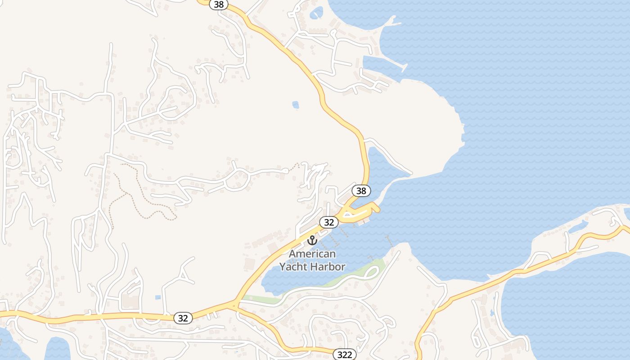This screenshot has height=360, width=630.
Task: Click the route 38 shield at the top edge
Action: click(x=219, y=4)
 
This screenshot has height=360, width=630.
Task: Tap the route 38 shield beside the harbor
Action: click(x=361, y=191)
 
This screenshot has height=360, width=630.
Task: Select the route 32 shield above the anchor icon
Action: click(x=329, y=222)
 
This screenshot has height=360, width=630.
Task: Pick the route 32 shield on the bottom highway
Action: click(x=183, y=318)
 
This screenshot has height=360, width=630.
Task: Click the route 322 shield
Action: click(x=345, y=355)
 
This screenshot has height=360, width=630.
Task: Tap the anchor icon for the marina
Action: click(x=312, y=240)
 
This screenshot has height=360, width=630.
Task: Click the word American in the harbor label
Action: click(x=312, y=254)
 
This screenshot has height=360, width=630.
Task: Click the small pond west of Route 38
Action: click(x=295, y=105)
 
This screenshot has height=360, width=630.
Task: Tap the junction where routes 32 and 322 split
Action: click(x=234, y=305)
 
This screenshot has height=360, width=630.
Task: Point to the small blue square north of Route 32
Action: click(x=158, y=297)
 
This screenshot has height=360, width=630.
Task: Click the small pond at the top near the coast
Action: click(x=316, y=12)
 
